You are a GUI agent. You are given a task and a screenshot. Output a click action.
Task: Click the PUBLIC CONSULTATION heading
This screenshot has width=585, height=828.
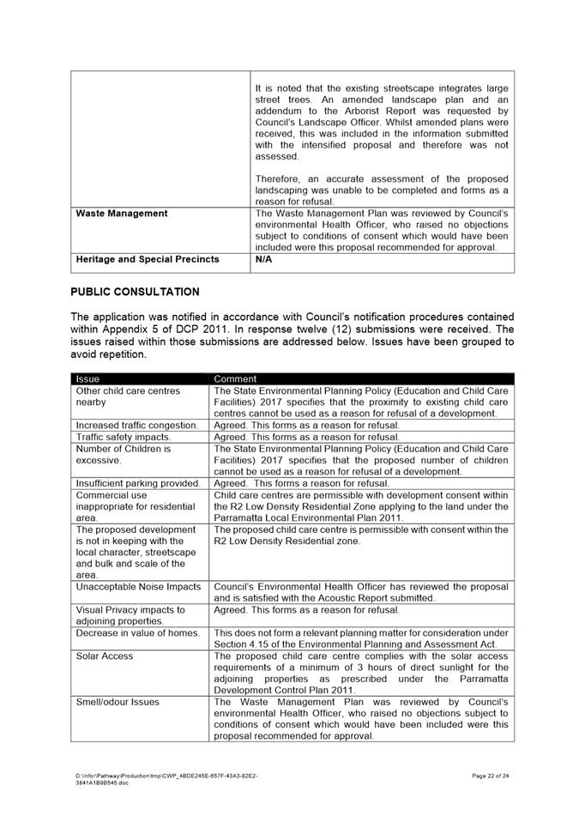coord(135,292)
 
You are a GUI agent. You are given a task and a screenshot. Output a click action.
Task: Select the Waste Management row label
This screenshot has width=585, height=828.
coord(122,214)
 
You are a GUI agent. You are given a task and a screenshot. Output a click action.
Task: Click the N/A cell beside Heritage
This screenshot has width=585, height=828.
coord(263,259)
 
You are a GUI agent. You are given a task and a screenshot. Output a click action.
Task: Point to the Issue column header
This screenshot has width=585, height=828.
coord(87,378)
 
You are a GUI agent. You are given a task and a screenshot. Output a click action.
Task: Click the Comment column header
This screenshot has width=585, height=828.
coord(235,378)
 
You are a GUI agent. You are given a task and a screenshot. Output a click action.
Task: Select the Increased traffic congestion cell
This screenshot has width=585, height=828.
coord(137,426)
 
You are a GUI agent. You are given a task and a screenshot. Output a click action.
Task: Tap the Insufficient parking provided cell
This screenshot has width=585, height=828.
coord(138,483)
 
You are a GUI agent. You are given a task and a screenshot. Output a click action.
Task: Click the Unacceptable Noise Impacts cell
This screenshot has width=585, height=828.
coord(138,587)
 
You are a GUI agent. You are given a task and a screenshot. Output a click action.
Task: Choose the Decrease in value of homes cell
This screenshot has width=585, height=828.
coord(137,633)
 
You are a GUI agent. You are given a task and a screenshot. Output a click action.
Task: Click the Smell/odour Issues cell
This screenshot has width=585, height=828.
coord(118,702)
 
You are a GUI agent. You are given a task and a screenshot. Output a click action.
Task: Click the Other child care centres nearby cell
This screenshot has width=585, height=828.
coord(128,396)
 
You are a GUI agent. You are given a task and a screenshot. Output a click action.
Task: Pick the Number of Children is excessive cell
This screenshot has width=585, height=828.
coord(124,454)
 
